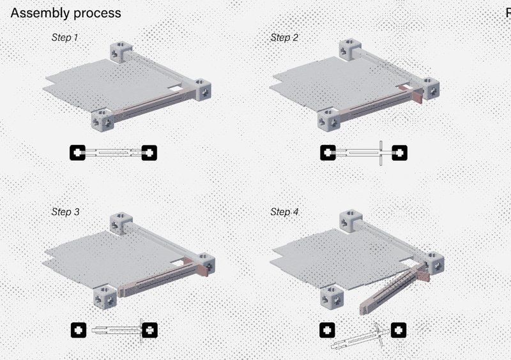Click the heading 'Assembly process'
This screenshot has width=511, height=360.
(x=66, y=13)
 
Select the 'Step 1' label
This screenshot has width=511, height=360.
(x=65, y=38)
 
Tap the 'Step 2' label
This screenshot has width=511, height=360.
(x=284, y=38)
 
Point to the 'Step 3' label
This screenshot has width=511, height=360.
(x=65, y=211)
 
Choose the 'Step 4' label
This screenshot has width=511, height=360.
(x=284, y=211)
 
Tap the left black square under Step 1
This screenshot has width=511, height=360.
(x=78, y=153)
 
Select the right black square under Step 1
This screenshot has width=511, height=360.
(x=149, y=153)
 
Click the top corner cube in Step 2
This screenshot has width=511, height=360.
(x=349, y=49)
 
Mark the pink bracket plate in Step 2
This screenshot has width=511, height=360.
(x=418, y=95)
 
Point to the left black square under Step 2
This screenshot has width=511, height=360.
(x=328, y=153)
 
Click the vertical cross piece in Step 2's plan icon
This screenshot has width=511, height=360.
(x=381, y=153)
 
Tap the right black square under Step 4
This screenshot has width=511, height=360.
(x=398, y=330)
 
